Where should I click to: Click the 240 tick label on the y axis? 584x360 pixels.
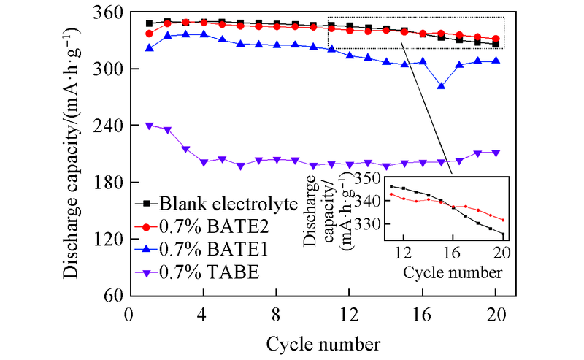(x=110, y=126)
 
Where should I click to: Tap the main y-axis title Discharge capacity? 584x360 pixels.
(x=70, y=153)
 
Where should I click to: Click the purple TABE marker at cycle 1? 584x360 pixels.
(x=149, y=126)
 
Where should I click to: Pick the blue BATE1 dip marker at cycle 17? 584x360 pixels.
(x=441, y=86)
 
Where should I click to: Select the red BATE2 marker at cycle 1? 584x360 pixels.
(x=149, y=34)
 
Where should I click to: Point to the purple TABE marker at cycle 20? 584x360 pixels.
(x=496, y=153)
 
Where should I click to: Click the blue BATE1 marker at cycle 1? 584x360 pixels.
(x=149, y=48)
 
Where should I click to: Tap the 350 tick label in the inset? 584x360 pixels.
(x=374, y=180)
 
